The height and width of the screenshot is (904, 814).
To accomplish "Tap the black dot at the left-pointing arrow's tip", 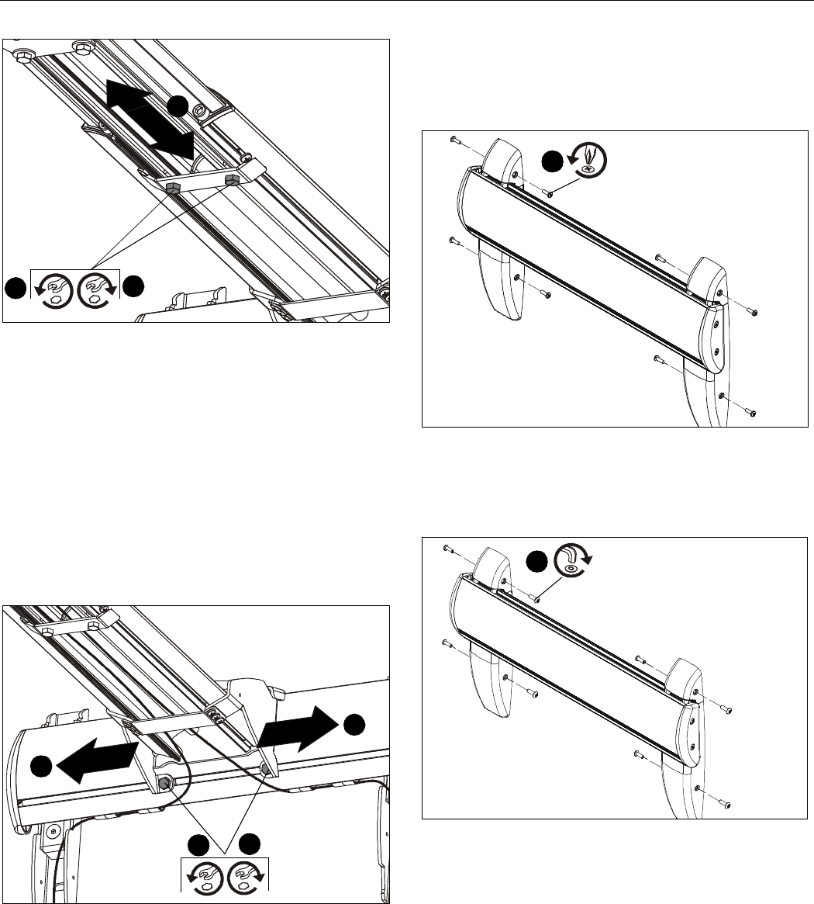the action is coord(43,768).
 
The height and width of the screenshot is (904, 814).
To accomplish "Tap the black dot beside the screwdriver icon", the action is coord(552,161).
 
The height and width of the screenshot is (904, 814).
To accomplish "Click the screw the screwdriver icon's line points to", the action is coord(547,192).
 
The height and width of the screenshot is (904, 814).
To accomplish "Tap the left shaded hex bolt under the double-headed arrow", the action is coord(174,188).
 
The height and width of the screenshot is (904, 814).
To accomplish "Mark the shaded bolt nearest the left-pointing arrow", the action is coord(165,784).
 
